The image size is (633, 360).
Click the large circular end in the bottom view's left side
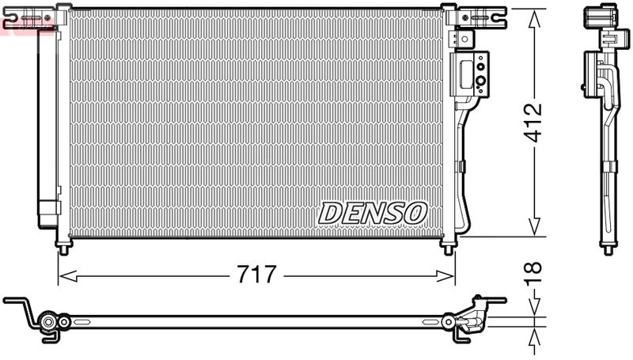(49, 322)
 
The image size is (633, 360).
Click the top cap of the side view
(599, 16)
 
